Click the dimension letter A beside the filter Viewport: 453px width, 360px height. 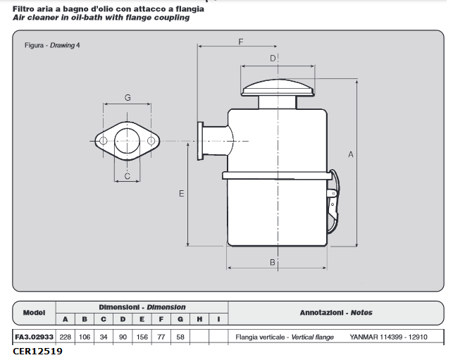(351, 154)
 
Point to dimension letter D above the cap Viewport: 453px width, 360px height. (273, 58)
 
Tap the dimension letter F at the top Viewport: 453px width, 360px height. (240, 42)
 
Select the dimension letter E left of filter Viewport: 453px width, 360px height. (181, 193)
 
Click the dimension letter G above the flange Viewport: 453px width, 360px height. (128, 98)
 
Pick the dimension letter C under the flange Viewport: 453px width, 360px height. (128, 177)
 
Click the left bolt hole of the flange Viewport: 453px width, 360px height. (104, 142)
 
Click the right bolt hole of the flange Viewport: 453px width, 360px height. (151, 142)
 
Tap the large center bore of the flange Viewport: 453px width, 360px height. (128, 141)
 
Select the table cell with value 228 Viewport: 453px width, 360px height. (65, 337)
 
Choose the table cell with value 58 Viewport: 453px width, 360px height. (180, 337)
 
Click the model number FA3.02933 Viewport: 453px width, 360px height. (34, 337)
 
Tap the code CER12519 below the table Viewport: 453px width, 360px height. (37, 351)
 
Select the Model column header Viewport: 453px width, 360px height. (34, 312)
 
